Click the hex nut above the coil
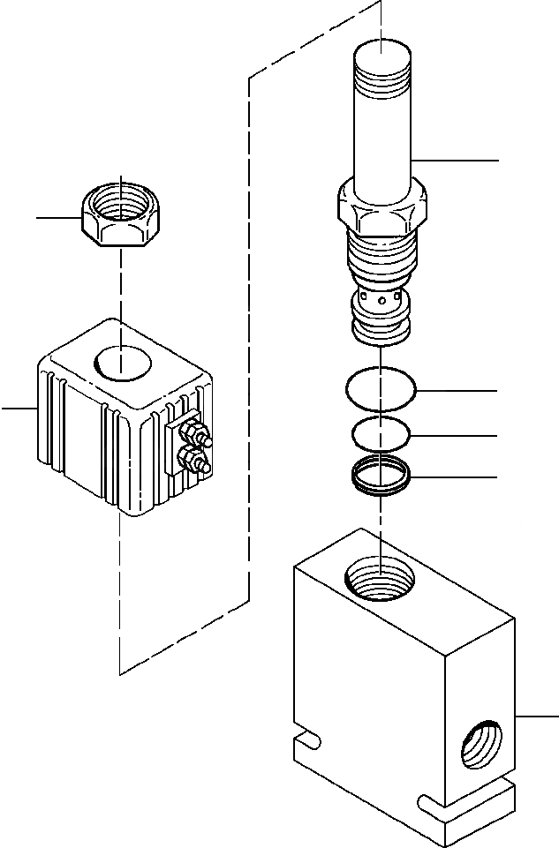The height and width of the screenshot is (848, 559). point(120,215)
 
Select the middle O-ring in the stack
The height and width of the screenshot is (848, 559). point(381,434)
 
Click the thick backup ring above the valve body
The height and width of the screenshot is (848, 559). point(381,477)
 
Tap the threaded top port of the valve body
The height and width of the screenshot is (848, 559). point(380,582)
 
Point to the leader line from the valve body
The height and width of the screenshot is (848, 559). point(537,716)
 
